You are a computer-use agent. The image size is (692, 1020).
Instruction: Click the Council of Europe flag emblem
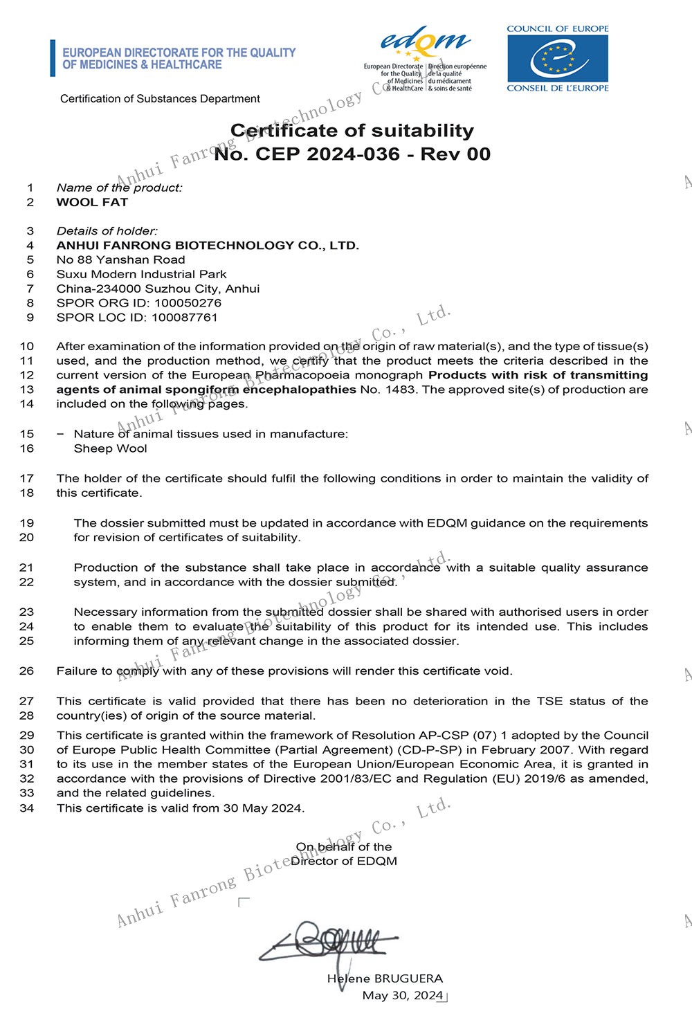click(557, 58)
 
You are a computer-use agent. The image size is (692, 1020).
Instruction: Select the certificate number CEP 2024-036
click(327, 154)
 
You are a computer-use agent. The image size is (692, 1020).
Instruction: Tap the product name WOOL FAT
click(92, 202)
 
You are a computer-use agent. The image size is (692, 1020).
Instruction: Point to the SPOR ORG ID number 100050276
click(188, 303)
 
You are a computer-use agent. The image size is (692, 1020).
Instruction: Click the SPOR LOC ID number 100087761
click(184, 318)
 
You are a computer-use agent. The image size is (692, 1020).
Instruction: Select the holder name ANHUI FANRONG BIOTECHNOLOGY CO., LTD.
click(208, 245)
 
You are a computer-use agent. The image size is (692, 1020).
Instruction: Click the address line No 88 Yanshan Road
click(120, 259)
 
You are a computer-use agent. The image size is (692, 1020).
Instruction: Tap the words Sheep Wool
click(111, 448)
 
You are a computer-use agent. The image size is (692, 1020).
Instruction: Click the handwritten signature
click(325, 941)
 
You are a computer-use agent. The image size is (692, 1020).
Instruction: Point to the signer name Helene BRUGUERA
click(385, 978)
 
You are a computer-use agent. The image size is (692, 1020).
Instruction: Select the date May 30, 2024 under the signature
click(402, 995)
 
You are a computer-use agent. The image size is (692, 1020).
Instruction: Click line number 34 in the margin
click(26, 808)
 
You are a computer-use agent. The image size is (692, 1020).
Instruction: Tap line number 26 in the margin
click(26, 671)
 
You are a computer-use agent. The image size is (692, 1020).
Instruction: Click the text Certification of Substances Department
click(160, 98)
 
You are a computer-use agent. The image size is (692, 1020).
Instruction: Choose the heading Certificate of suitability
click(352, 130)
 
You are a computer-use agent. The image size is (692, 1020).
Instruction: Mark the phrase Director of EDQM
click(344, 861)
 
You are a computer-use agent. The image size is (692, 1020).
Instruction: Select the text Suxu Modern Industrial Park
click(141, 274)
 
